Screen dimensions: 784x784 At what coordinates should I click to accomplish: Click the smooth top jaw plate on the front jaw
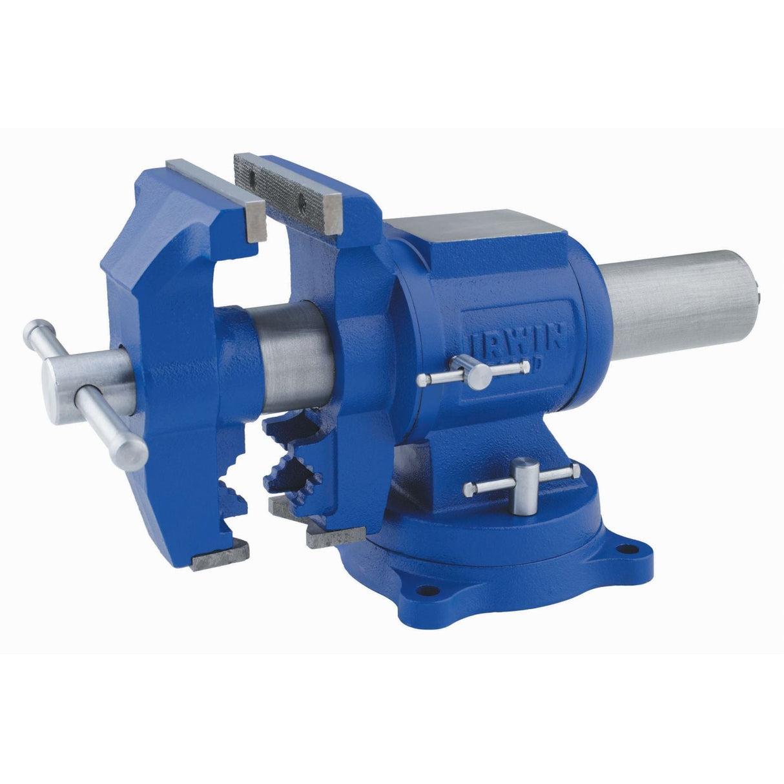[213, 194]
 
